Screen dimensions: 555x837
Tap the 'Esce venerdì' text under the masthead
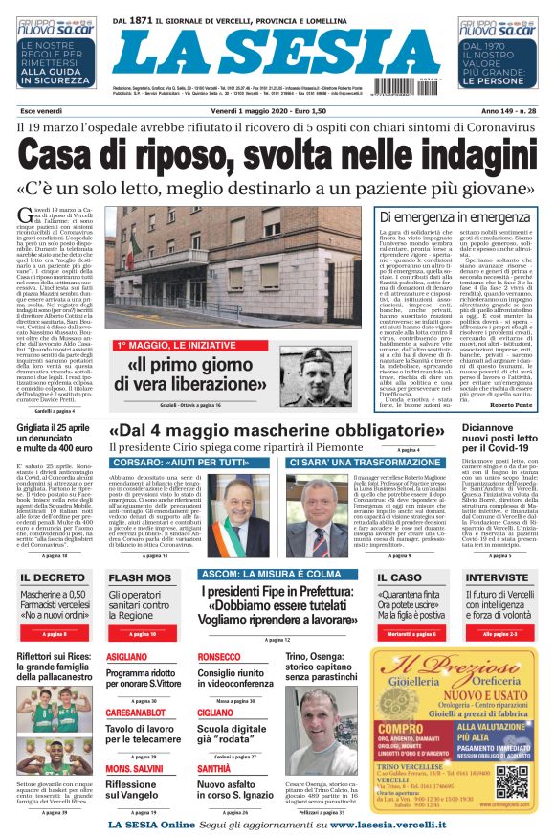tap(41, 113)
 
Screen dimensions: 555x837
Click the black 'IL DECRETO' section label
tap(53, 578)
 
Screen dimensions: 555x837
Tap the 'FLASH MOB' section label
tap(141, 578)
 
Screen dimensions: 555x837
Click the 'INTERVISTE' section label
tap(497, 578)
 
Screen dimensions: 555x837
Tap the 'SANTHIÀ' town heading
tap(214, 769)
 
